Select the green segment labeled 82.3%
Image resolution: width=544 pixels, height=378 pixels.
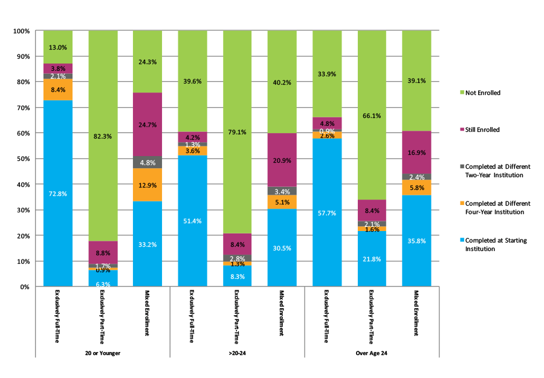coord(103,136)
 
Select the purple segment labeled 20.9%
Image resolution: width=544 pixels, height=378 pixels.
coord(282,160)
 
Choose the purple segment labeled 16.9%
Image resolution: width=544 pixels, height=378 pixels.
coord(416,152)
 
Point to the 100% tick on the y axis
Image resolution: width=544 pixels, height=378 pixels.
coord(22,30)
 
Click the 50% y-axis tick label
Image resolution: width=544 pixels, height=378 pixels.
coord(23,158)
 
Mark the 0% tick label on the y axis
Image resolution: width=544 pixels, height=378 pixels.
coord(25,287)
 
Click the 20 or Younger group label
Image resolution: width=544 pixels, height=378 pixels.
coord(103,353)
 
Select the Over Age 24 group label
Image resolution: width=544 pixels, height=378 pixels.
coord(372,353)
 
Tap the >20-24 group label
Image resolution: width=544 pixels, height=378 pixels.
coord(237,353)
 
